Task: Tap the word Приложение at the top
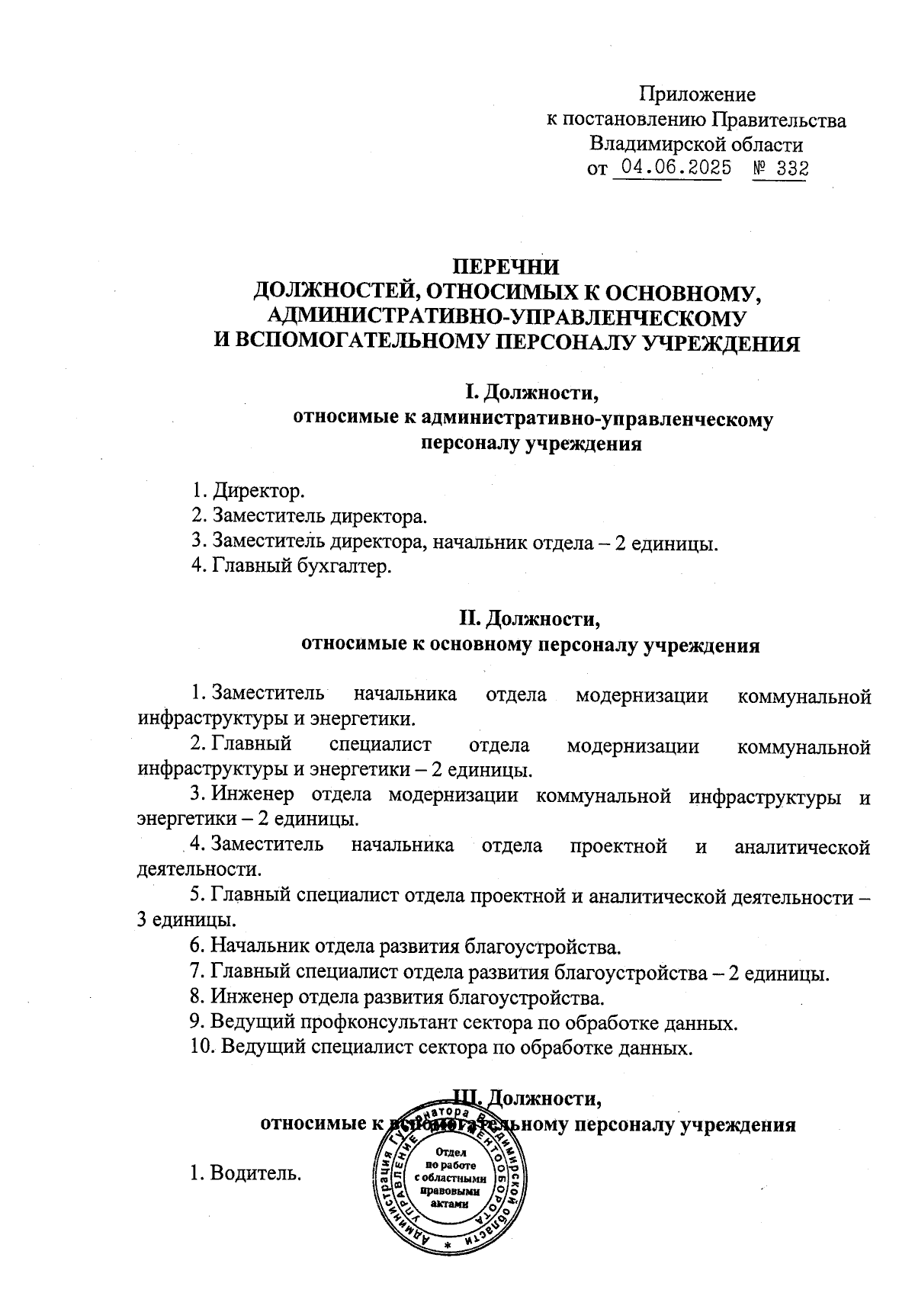[x=697, y=95]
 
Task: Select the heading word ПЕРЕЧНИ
[x=506, y=268]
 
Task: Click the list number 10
[x=201, y=1047]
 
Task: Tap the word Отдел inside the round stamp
[x=451, y=1152]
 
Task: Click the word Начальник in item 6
[x=259, y=948]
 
